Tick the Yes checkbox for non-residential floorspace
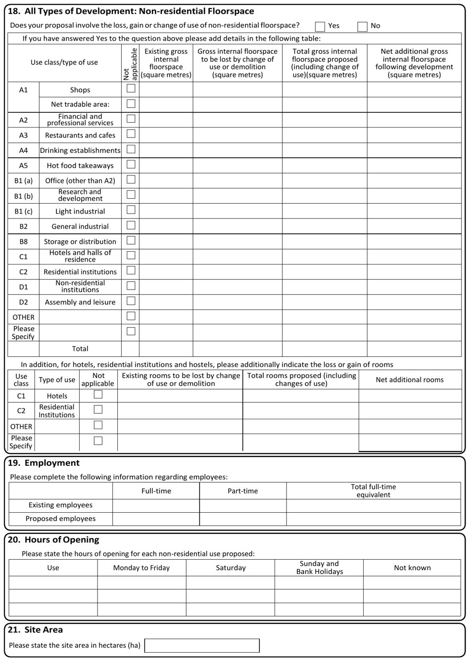click(320, 26)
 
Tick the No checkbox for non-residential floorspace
click(362, 26)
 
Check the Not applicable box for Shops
click(131, 89)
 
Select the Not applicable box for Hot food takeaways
click(131, 165)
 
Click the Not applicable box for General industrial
click(131, 225)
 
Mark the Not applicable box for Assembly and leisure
click(131, 301)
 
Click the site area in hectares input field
click(202, 645)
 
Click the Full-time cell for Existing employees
click(156, 505)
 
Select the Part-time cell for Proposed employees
click(242, 519)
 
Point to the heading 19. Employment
click(44, 463)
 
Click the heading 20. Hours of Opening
click(53, 540)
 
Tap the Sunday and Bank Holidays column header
click(319, 568)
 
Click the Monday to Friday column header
click(141, 568)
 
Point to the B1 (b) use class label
click(23, 196)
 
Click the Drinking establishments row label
click(80, 150)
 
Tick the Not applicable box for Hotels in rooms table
click(98, 395)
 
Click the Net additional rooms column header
click(410, 380)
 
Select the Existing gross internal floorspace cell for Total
click(166, 349)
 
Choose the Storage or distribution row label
click(80, 242)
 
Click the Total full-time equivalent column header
click(374, 491)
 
